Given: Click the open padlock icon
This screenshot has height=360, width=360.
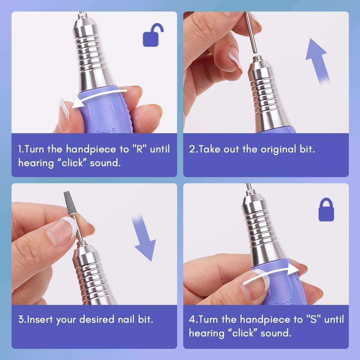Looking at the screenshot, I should pos(153,36).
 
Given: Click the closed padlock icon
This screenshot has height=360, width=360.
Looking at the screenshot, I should pos(326,211).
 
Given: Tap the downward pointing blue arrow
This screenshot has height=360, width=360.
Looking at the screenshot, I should pos(144,238).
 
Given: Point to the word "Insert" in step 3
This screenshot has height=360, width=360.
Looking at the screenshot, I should pos(40,319).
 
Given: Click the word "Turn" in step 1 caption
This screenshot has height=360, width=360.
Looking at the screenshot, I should pos(36,149).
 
